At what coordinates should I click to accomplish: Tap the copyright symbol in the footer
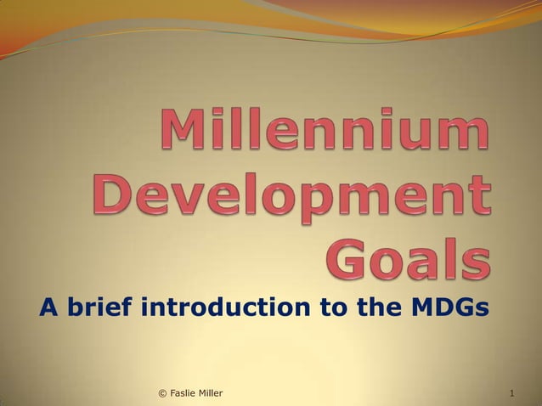pos(162,393)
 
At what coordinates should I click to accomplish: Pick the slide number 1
pos(512,393)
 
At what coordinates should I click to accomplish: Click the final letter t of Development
pos(479,197)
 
